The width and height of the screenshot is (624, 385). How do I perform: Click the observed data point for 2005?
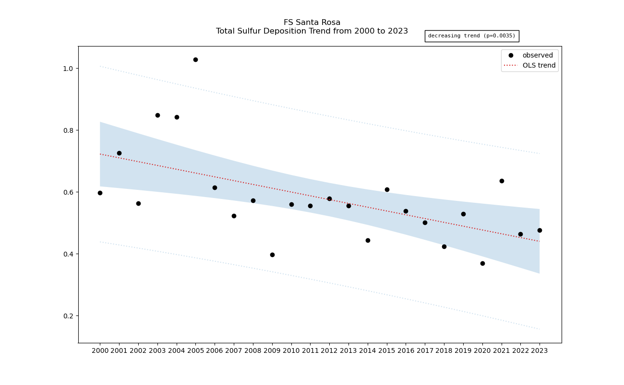[195, 60]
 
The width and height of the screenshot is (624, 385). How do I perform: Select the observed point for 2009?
[272, 255]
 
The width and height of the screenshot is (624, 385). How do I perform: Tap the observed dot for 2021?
[502, 181]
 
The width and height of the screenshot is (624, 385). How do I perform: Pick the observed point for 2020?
[482, 263]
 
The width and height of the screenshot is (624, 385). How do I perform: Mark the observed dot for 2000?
[100, 193]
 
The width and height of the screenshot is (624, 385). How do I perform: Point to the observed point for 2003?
[157, 115]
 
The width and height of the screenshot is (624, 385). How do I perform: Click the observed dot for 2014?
[368, 240]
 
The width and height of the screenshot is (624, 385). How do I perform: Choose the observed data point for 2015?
[387, 189]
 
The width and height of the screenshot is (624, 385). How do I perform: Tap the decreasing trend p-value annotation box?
[471, 36]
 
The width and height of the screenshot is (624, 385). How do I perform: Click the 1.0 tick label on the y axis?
[67, 69]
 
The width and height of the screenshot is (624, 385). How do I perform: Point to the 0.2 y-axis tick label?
[67, 316]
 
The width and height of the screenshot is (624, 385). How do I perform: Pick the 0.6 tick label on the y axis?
[67, 192]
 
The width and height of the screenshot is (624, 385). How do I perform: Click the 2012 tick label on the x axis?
[329, 350]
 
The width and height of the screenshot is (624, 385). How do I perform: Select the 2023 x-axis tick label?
[540, 350]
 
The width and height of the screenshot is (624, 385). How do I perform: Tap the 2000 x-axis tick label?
[100, 350]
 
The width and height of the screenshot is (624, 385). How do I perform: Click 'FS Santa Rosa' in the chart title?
[312, 23]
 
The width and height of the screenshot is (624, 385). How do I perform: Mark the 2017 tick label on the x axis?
[425, 350]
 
